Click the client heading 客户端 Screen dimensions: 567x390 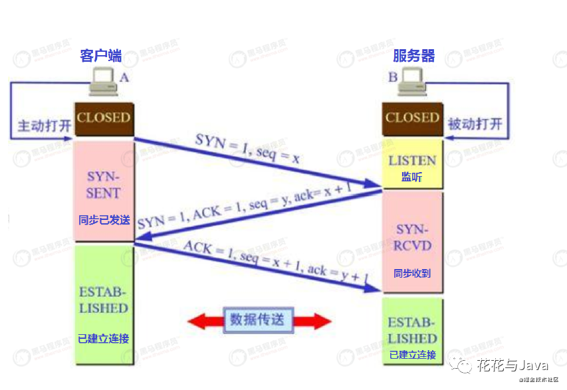point(101,55)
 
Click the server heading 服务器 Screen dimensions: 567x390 point(413,55)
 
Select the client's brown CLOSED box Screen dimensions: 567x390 point(103,118)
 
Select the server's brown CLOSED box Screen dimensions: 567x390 point(412,118)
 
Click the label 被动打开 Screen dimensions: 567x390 point(475,124)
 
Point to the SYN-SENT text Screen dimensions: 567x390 point(103,185)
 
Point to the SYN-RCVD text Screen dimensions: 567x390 point(413,237)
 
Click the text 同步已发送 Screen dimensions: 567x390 point(104,220)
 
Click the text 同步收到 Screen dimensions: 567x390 point(412,272)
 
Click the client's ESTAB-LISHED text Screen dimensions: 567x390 point(103,300)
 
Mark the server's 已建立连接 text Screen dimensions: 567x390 point(413,355)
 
